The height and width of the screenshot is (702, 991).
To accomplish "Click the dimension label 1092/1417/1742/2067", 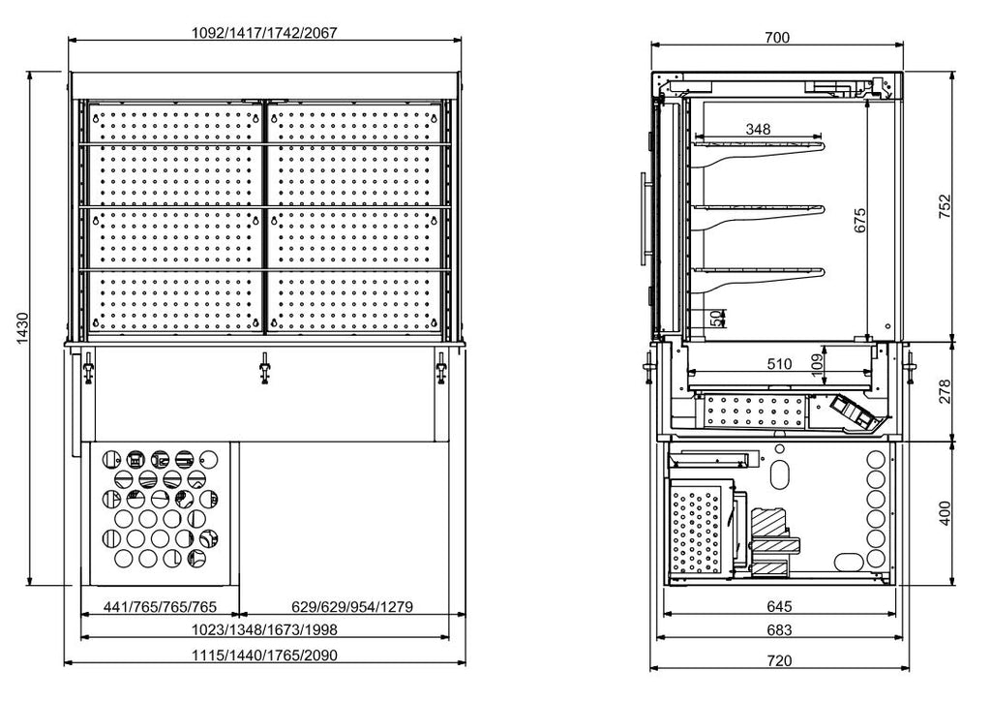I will (x=265, y=32).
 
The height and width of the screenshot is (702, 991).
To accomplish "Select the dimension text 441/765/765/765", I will (x=160, y=607).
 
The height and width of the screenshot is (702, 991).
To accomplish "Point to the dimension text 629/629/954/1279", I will (x=352, y=607).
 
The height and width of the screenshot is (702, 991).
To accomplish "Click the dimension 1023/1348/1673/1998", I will (x=264, y=630).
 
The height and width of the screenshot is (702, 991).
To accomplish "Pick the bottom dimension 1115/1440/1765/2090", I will (x=264, y=656).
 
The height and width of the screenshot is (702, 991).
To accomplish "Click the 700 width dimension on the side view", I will (x=776, y=38).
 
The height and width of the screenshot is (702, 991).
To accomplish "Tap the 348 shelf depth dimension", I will (x=758, y=129).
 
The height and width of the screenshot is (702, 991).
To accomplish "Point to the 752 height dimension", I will (x=946, y=207).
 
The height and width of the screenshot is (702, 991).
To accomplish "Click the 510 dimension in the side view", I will (x=778, y=364).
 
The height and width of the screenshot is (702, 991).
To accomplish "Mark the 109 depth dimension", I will (x=816, y=364).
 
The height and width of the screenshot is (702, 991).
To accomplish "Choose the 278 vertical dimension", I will (x=946, y=390).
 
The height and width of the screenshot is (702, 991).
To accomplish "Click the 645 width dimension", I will (x=779, y=607).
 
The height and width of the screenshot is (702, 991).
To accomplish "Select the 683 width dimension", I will (x=779, y=630).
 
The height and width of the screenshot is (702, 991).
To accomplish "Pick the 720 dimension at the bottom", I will (x=779, y=660).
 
